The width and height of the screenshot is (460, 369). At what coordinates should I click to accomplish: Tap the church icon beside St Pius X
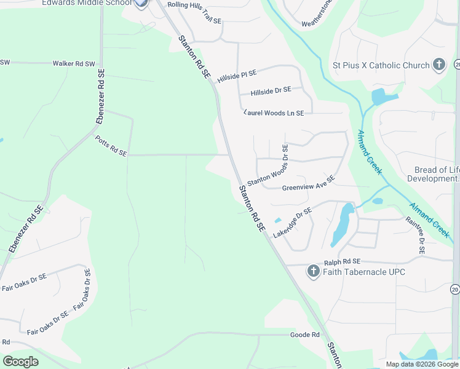[x=439, y=64]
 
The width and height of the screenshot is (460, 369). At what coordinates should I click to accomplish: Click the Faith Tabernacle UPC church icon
[x=312, y=271]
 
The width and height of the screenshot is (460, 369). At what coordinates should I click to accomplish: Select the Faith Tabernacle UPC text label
[x=363, y=272]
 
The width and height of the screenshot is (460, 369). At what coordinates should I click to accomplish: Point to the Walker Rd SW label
[x=74, y=63]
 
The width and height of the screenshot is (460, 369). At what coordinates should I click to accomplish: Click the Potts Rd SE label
[x=111, y=146]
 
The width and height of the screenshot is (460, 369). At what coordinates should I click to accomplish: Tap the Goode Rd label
[x=305, y=335]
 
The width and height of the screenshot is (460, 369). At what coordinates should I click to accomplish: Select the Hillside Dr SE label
[x=270, y=91]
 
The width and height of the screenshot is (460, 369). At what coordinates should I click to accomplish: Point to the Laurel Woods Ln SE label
[x=274, y=113]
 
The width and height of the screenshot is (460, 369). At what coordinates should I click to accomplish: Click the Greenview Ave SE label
[x=308, y=183]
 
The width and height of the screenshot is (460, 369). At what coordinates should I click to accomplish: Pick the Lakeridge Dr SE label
[x=293, y=223]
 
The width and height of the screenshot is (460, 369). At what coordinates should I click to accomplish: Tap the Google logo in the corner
[x=21, y=362]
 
